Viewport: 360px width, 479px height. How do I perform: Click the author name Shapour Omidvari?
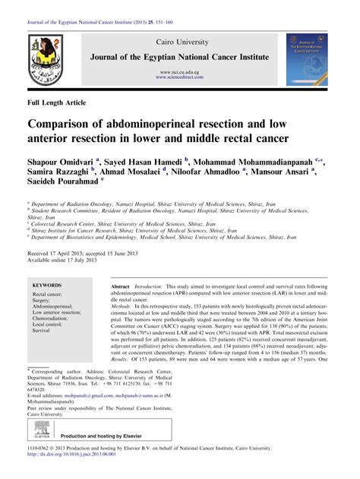pyautogui.click(x=62, y=162)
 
